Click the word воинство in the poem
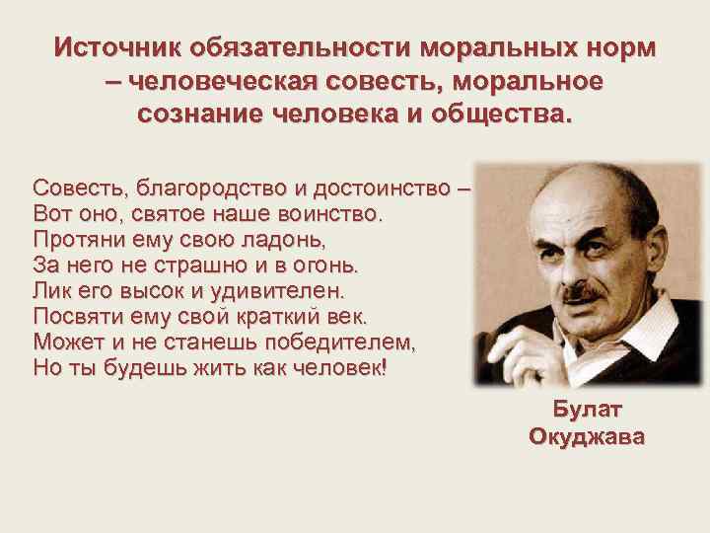click(x=328, y=213)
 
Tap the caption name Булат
click(x=588, y=410)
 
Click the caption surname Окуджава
click(x=588, y=436)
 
